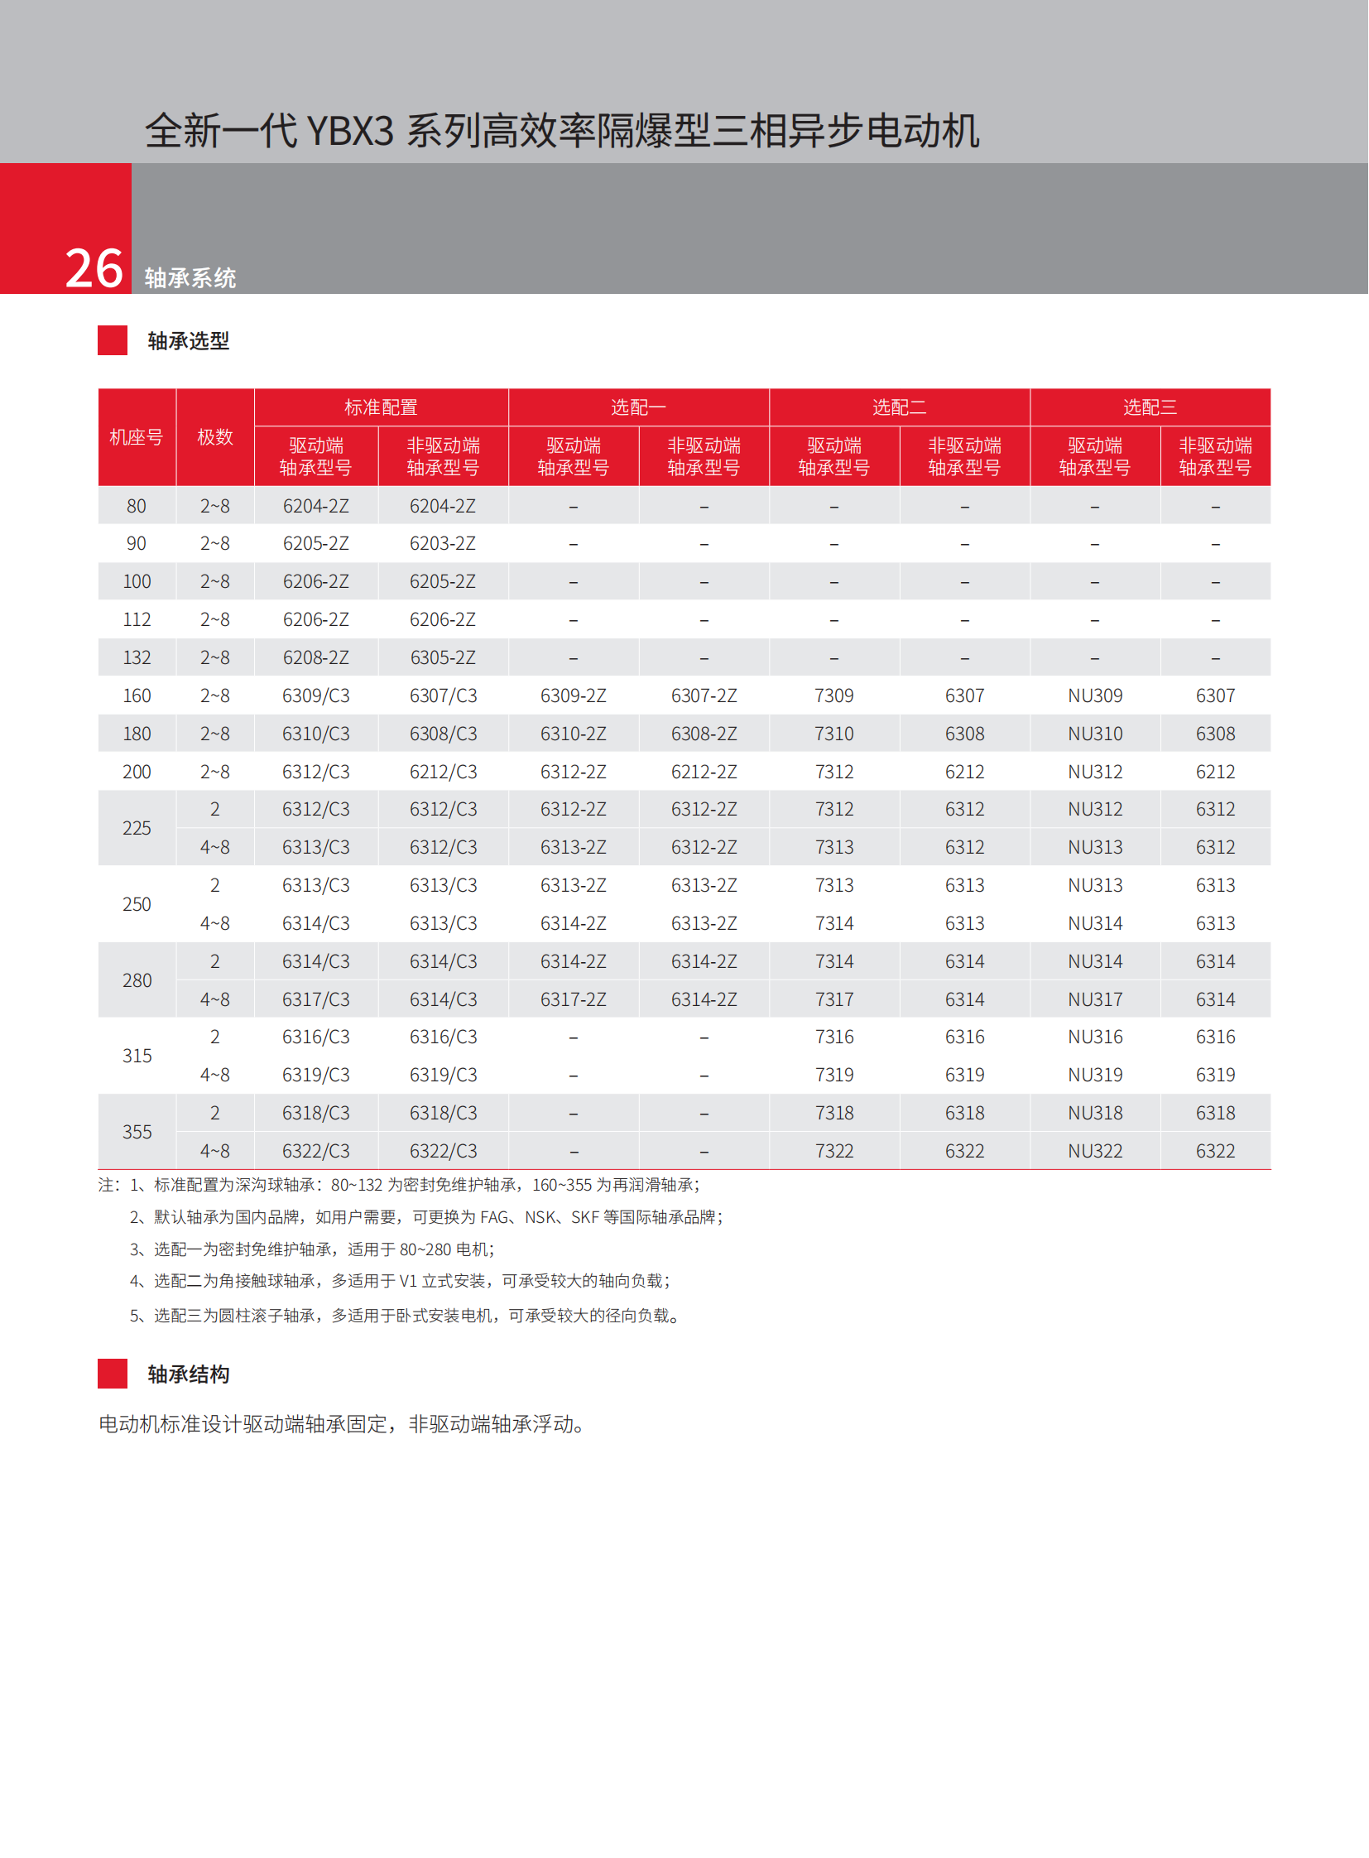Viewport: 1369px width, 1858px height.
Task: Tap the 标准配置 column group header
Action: pos(382,407)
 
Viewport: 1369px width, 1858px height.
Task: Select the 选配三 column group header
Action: pos(1150,407)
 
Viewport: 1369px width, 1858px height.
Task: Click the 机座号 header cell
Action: pos(137,437)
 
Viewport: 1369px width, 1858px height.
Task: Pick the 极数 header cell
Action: pos(214,437)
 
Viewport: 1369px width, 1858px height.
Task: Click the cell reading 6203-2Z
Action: pos(443,544)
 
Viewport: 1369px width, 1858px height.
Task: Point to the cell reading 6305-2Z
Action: pos(443,658)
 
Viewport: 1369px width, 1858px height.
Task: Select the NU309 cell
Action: pos(1095,696)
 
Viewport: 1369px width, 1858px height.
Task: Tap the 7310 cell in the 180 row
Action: pos(833,734)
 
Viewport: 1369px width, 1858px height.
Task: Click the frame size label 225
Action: pos(137,828)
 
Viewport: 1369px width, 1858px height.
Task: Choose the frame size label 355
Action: pos(137,1133)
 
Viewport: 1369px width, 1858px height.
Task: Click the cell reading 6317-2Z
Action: pos(574,1000)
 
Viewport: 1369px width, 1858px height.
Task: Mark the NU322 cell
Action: pos(1095,1152)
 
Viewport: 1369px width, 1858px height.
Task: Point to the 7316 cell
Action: pos(833,1037)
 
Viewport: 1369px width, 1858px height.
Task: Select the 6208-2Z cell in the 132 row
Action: pos(315,658)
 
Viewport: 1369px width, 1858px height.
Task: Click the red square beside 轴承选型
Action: pos(113,341)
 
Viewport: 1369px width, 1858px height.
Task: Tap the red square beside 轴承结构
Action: pos(113,1374)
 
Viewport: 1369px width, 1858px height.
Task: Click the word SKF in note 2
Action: pos(585,1217)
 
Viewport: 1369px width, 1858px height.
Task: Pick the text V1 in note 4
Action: pos(408,1281)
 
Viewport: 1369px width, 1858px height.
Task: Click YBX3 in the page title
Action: pos(350,131)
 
